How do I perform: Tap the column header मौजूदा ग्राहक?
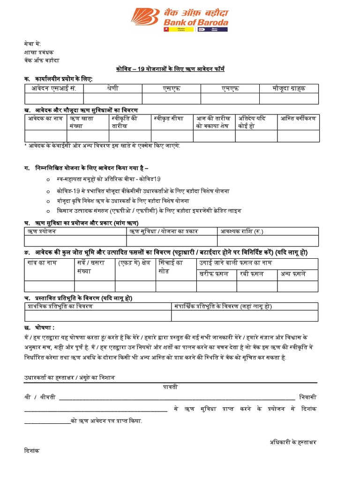(289, 89)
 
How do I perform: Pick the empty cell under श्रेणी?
(113, 98)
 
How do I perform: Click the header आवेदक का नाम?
(44, 119)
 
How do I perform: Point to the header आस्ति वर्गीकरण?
(298, 119)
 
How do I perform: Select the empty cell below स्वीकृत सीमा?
(172, 136)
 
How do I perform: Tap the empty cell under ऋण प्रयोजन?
(75, 241)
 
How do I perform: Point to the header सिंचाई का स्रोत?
(171, 267)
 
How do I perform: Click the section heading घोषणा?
(45, 326)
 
